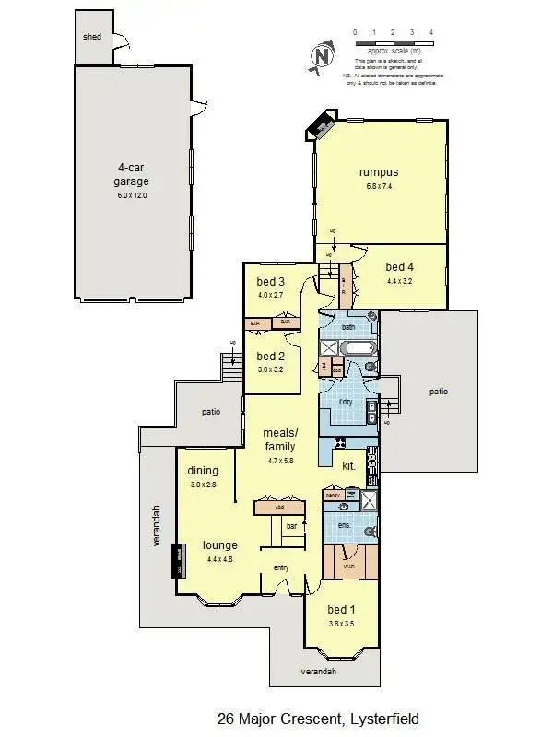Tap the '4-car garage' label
pos(132,174)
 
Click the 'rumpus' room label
pos(378,172)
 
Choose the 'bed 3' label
pos(270,281)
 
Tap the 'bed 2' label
pos(270,356)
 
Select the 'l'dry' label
pos(346,402)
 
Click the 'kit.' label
pos(348,466)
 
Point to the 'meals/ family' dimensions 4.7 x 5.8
pos(280,462)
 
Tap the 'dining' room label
pos(203,471)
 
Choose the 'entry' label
pos(283,567)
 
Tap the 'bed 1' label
pos(340,610)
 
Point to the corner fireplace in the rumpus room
pos(324,122)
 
